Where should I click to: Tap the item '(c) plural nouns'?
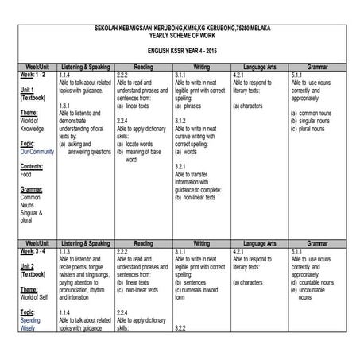pos(311,128)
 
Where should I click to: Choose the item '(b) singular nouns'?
pos(313,120)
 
